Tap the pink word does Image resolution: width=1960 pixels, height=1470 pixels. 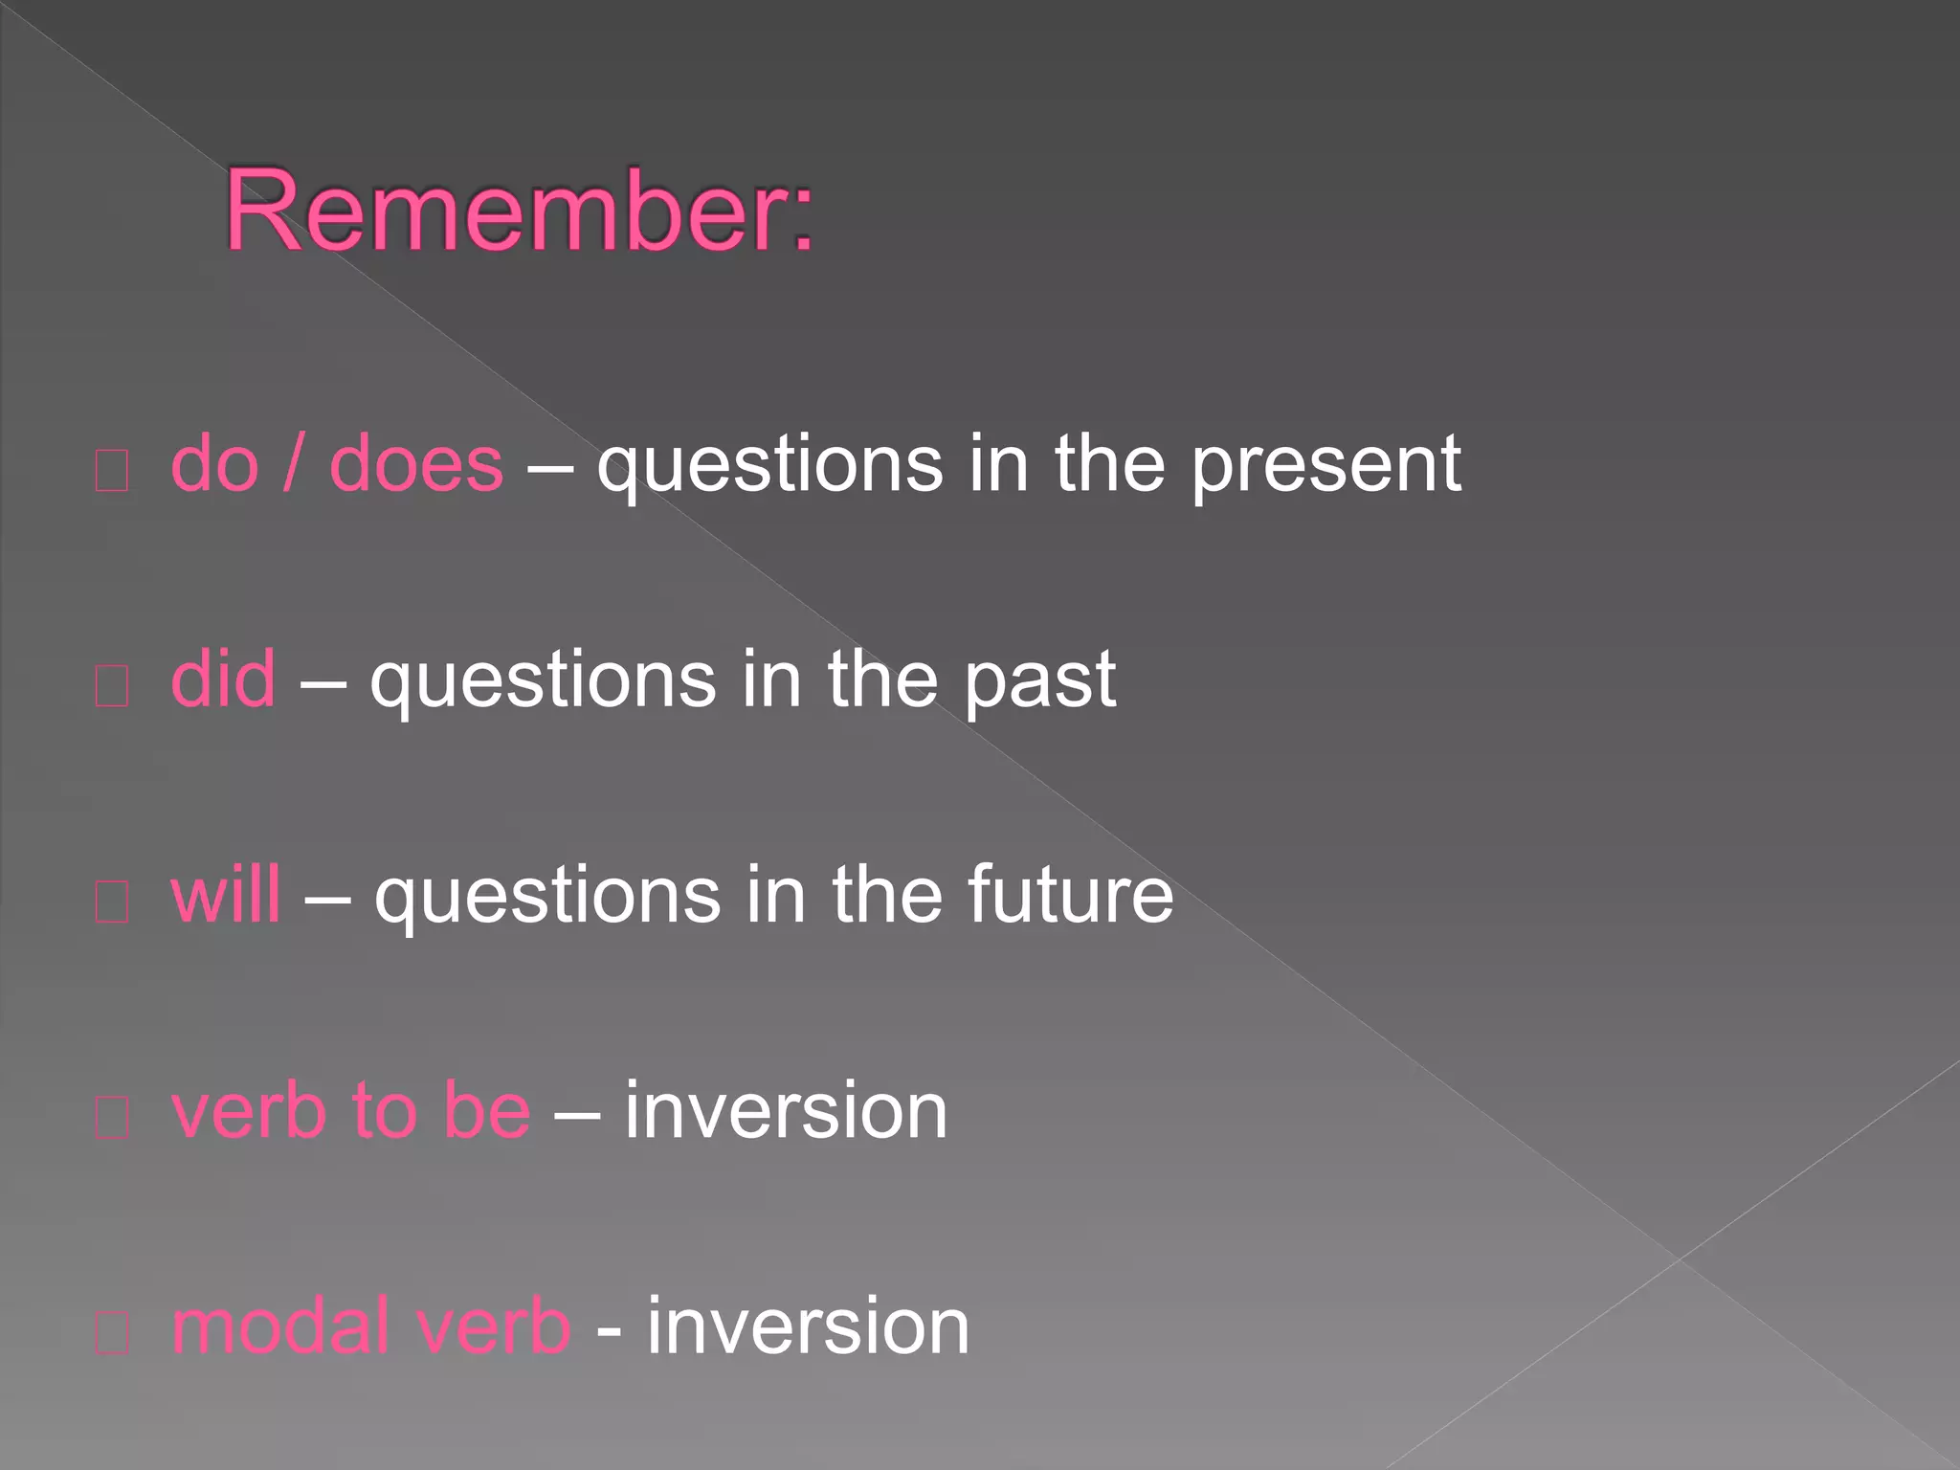click(x=415, y=464)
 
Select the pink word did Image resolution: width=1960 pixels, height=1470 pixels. click(x=223, y=679)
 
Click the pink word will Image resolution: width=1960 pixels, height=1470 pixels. click(x=226, y=895)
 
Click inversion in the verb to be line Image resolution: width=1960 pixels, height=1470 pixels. click(x=786, y=1111)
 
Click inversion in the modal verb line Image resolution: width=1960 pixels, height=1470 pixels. click(x=809, y=1326)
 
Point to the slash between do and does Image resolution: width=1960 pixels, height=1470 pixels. click(x=294, y=464)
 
